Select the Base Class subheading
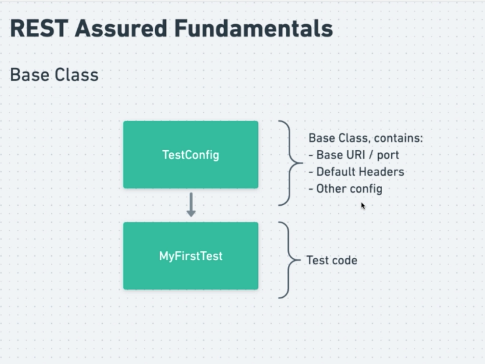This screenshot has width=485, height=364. tap(54, 75)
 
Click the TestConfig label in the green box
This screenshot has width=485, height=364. tap(190, 155)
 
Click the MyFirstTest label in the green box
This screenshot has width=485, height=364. tap(190, 256)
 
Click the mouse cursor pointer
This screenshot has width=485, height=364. tap(363, 206)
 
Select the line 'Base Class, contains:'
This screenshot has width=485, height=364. tap(365, 138)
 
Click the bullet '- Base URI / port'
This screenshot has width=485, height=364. tap(354, 155)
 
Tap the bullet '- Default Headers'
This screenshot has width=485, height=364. tap(356, 172)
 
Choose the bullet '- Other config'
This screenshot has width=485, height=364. tap(345, 189)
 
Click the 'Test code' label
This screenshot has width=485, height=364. tap(332, 260)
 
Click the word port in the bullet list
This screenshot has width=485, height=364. tap(388, 156)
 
